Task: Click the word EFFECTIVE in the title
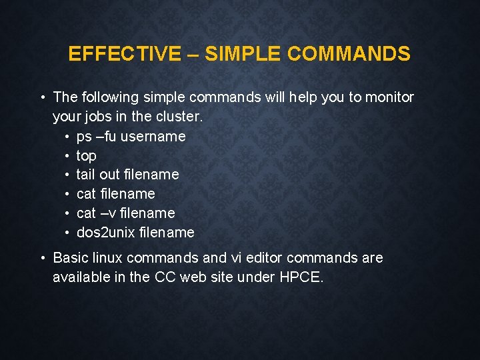pos(124,54)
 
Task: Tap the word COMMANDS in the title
pos(349,54)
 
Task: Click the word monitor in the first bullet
pos(389,97)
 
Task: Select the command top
pos(87,156)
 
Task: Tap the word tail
pos(86,175)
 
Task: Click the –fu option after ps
pos(105,136)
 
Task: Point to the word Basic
pos(70,257)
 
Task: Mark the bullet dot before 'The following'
pos(42,97)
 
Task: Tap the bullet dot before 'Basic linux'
pos(42,257)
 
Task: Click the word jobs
pos(99,117)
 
